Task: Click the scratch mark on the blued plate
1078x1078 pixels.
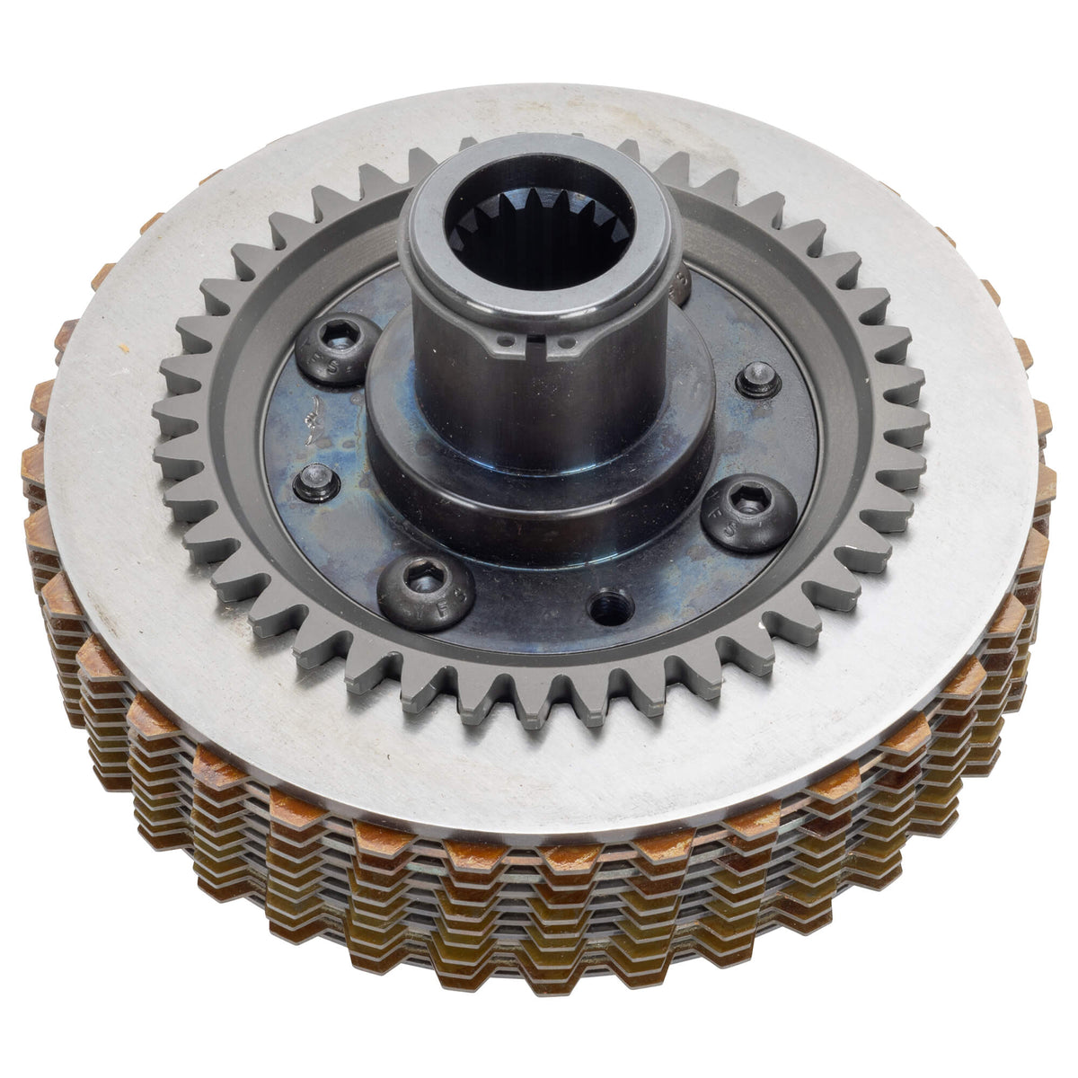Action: click(x=310, y=415)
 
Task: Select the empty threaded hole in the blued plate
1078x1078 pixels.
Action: click(x=604, y=596)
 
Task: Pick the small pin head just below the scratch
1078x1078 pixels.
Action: click(x=314, y=474)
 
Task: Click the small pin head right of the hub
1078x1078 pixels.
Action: click(x=752, y=380)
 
